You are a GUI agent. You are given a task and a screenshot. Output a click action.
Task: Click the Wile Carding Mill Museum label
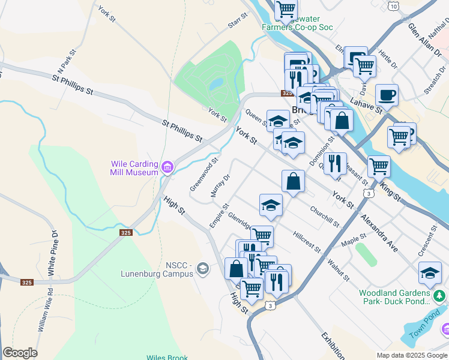click(x=134, y=168)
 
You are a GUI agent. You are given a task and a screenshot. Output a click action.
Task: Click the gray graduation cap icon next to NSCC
click(x=203, y=268)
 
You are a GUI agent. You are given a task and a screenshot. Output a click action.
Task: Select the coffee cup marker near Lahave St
click(x=387, y=95)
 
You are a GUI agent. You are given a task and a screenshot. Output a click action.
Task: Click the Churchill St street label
click(x=325, y=217)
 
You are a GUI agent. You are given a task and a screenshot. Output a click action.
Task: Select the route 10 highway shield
click(x=393, y=5)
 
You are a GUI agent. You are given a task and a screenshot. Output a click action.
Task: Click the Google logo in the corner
click(x=20, y=353)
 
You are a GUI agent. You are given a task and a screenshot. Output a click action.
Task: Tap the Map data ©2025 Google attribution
click(x=412, y=355)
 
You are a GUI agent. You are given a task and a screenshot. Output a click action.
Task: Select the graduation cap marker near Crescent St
click(x=430, y=274)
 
